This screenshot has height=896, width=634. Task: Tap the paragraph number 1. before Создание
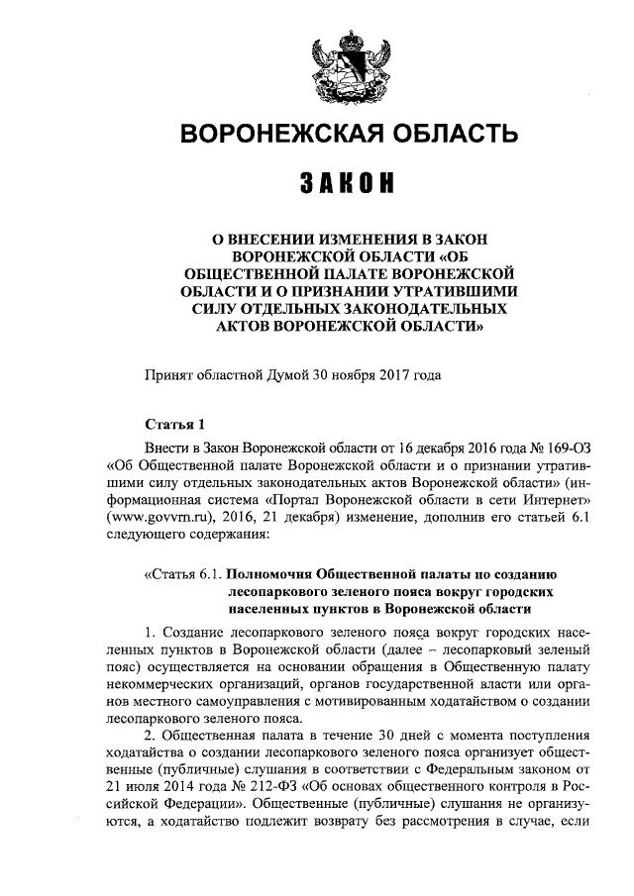click(x=150, y=632)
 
